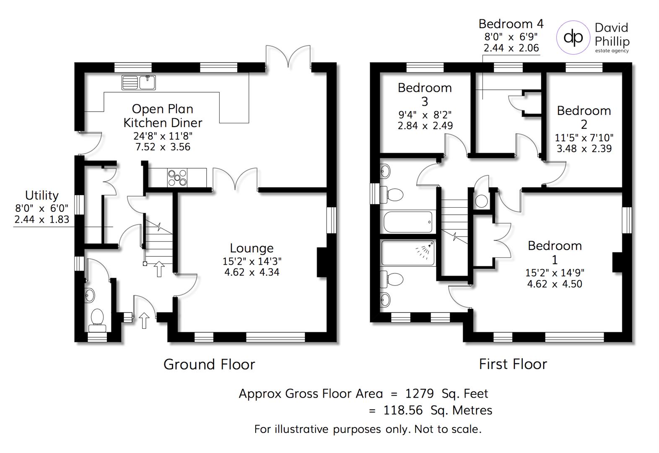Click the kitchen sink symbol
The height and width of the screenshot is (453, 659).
tap(138, 83)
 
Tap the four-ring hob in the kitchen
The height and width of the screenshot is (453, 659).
tap(177, 177)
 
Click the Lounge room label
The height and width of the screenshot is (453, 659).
tap(252, 248)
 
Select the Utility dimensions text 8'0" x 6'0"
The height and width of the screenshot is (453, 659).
tap(42, 208)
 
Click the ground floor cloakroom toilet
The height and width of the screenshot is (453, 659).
tap(97, 318)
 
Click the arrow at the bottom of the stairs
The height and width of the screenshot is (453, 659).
tap(159, 269)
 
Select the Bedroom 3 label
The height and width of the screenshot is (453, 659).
tap(425, 94)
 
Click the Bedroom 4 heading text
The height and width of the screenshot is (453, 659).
tap(511, 23)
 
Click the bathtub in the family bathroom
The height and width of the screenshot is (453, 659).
tap(408, 221)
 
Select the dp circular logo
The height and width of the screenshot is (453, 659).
tap(573, 37)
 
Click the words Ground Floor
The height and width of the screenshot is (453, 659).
tap(209, 364)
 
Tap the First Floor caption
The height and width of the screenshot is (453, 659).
tap(513, 364)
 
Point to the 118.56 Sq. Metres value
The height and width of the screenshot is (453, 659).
tap(437, 410)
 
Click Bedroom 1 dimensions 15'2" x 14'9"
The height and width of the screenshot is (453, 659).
tap(554, 273)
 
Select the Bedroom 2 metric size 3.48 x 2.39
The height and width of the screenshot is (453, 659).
tap(584, 148)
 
